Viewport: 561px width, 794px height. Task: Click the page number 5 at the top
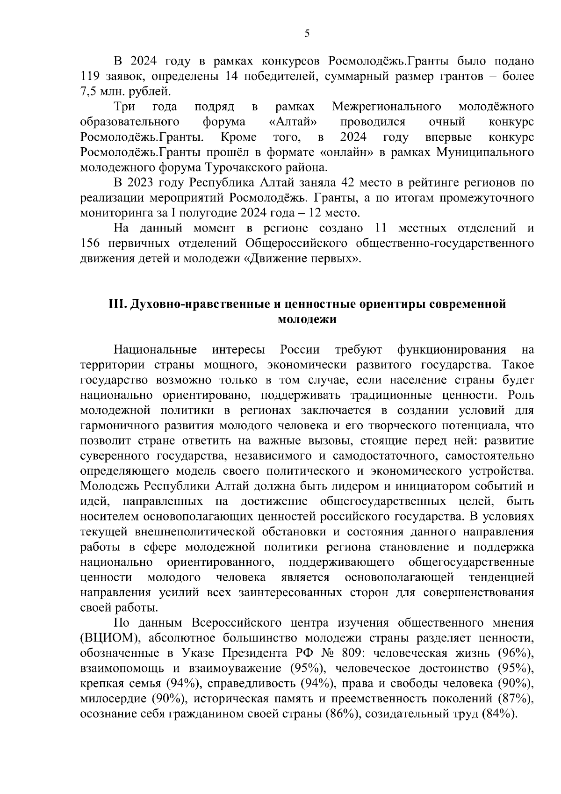click(307, 33)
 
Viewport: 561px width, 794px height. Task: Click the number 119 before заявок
click(90, 76)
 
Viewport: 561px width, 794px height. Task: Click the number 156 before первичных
click(91, 244)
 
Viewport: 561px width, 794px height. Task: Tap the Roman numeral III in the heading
click(116, 304)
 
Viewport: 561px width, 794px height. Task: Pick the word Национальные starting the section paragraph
click(155, 350)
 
